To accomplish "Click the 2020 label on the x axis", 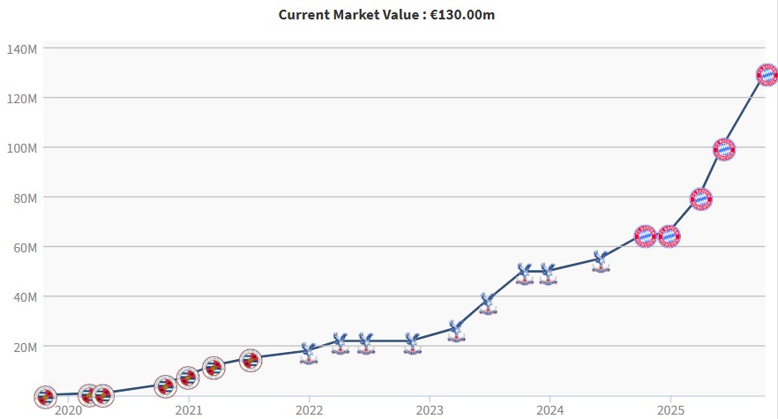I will click(x=68, y=410).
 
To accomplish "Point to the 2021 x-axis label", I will click(x=189, y=410).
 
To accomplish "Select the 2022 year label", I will click(x=310, y=410).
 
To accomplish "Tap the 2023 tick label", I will click(x=430, y=410).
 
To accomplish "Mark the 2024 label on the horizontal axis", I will click(x=550, y=410).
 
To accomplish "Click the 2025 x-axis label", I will click(x=670, y=410).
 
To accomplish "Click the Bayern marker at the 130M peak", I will click(x=767, y=75).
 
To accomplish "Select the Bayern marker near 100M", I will click(x=724, y=149).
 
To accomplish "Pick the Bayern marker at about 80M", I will click(x=701, y=198).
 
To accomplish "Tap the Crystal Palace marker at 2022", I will click(x=309, y=353).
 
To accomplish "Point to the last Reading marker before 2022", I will click(x=251, y=360).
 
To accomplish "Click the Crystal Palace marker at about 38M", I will click(x=488, y=303).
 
